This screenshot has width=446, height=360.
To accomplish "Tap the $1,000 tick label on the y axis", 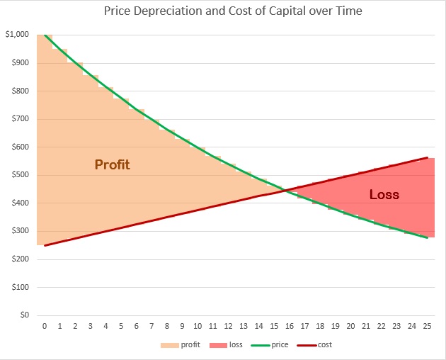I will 17,35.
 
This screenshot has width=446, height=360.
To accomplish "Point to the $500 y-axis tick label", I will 20,175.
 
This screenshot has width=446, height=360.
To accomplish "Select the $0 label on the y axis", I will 23,315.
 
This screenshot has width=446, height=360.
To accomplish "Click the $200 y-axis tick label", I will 20,259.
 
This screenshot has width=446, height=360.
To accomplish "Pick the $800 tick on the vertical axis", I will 20,91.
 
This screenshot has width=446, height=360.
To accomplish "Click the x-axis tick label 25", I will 427,326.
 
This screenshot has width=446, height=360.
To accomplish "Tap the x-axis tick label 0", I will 45,326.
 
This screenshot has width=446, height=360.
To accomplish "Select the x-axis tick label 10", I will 198,326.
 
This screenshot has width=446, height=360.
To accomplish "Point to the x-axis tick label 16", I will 290,326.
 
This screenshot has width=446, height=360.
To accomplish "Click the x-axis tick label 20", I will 350,326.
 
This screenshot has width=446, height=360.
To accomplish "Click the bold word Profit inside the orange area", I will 113,165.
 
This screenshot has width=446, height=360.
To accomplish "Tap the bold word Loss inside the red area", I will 384,194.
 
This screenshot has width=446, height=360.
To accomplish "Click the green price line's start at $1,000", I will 45,35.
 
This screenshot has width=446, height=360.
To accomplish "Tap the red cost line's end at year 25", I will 427,157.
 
